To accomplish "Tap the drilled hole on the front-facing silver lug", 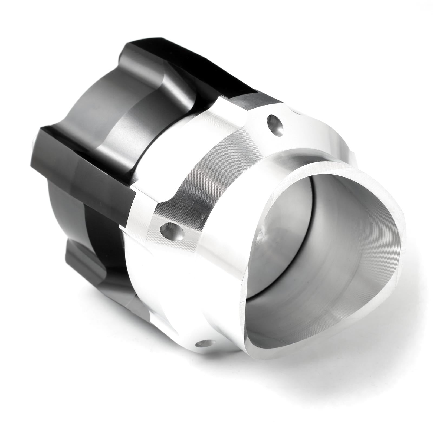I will pyautogui.click(x=172, y=231).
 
